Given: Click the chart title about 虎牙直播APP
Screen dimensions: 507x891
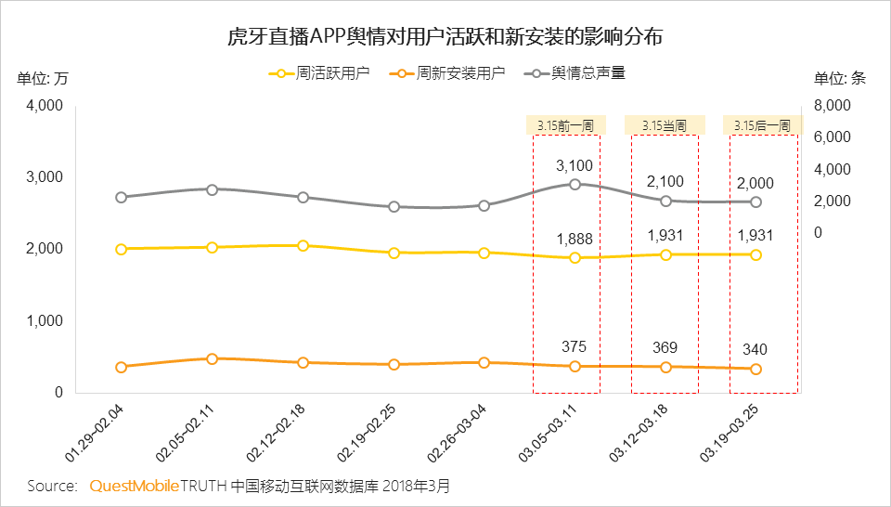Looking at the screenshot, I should (x=445, y=37).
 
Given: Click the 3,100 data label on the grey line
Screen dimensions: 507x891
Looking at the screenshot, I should (x=574, y=165).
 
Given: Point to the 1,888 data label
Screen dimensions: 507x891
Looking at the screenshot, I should (x=574, y=239).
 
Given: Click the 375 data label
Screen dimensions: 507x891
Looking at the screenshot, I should (x=574, y=346).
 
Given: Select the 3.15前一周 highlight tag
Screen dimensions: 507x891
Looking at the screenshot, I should (x=565, y=125).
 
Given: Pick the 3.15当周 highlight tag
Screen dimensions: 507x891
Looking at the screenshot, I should (x=664, y=125).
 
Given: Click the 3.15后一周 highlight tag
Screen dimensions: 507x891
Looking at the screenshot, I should (x=761, y=125).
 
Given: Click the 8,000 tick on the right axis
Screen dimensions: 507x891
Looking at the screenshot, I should (x=832, y=106).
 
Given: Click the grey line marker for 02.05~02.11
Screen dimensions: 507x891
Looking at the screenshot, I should (x=212, y=189).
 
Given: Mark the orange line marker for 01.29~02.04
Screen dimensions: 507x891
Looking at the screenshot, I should (x=122, y=367).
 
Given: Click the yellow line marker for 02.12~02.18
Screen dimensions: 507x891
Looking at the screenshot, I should (x=303, y=246).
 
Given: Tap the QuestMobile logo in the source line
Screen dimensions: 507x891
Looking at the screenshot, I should (x=135, y=486).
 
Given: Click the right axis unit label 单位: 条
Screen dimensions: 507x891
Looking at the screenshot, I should (x=839, y=78).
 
